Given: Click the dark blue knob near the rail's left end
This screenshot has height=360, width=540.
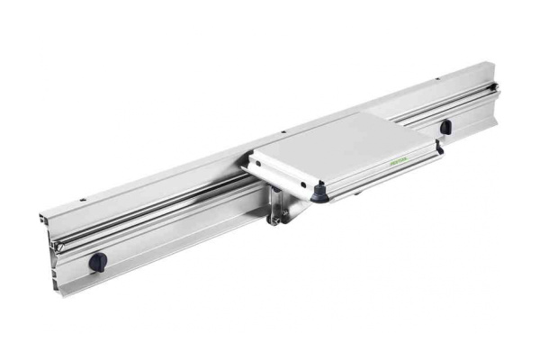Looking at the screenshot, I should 97,262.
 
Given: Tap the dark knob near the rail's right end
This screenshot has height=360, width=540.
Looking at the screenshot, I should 445,127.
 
